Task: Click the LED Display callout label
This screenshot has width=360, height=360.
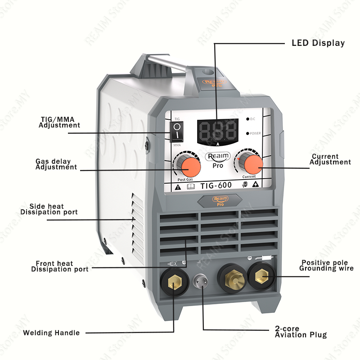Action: click(x=318, y=43)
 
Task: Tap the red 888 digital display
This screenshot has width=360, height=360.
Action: click(x=218, y=131)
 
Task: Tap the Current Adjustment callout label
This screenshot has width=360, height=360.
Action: click(x=331, y=159)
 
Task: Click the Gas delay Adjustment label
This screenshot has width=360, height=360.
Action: click(x=56, y=164)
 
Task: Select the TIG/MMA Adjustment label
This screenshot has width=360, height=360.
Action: click(x=59, y=122)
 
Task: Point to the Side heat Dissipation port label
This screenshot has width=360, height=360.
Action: click(x=49, y=209)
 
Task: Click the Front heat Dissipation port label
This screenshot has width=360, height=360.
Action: click(x=60, y=266)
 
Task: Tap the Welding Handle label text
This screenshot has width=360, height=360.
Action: click(x=51, y=333)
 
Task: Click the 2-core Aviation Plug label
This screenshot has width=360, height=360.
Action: click(x=301, y=332)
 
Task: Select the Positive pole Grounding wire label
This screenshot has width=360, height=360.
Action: click(x=327, y=265)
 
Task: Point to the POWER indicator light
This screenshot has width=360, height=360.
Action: click(x=247, y=133)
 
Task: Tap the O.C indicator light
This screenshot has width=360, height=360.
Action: click(x=247, y=119)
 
